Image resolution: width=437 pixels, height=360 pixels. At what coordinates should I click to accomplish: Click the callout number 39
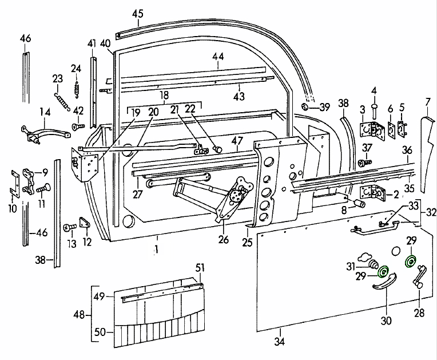(324, 106)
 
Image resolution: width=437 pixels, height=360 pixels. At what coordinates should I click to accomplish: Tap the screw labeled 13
(70, 228)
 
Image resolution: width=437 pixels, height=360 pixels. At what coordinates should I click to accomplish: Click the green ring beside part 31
(383, 271)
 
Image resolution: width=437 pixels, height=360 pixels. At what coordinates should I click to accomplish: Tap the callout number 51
(199, 267)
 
